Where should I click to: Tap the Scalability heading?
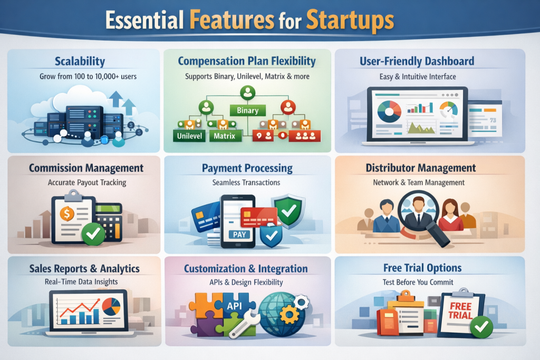(80, 62)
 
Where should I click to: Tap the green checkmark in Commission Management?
(93, 233)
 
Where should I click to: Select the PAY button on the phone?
(239, 234)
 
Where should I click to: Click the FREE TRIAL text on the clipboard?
(460, 310)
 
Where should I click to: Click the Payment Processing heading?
(247, 169)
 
